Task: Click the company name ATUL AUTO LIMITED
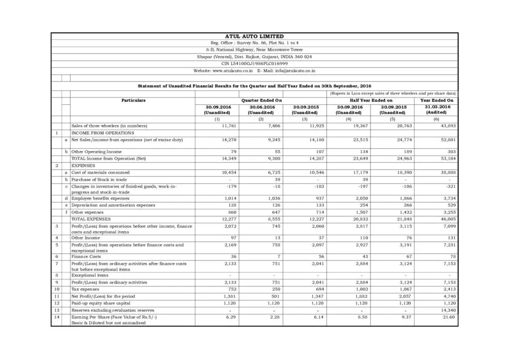tap(254, 36)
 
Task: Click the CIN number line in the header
tap(254, 64)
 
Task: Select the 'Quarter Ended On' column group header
tap(261, 100)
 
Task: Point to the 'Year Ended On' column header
tap(436, 100)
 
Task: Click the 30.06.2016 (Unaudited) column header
tap(261, 109)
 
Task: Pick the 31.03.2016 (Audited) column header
tap(436, 109)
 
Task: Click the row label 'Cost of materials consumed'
tap(100, 172)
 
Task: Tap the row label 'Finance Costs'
tap(86, 257)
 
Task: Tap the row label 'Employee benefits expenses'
tap(100, 198)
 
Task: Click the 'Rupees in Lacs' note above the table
tap(393, 93)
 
